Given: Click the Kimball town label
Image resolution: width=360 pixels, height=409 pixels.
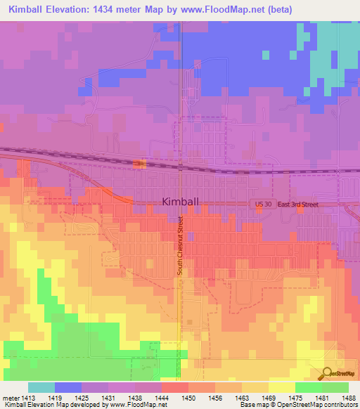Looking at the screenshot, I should click(180, 201).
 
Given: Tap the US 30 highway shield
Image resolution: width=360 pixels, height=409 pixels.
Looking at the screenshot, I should click(261, 203).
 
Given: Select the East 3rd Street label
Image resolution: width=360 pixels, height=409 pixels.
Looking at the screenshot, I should click(297, 204).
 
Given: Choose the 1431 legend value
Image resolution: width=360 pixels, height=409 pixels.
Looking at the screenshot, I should click(109, 397).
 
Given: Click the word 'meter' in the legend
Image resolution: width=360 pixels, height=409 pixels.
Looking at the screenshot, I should click(12, 397).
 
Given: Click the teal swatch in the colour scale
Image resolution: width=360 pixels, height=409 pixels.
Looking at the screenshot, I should click(41, 387).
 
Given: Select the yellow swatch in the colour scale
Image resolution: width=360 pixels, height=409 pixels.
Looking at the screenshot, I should click(281, 387).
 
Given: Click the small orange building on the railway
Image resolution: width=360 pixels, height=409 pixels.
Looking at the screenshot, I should click(139, 164).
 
